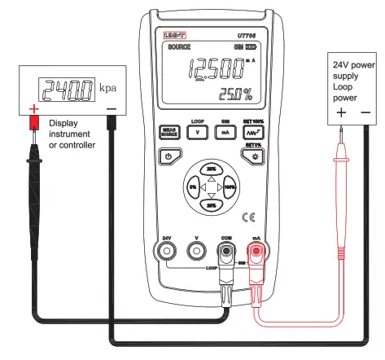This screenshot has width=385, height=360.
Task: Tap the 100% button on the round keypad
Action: pyautogui.click(x=229, y=187)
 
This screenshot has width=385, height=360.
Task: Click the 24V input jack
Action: pyautogui.click(x=168, y=252)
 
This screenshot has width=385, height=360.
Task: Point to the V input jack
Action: pyautogui.click(x=196, y=252)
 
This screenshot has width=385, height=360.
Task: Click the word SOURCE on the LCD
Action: pyautogui.click(x=179, y=48)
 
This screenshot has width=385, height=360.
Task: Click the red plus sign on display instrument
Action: pyautogui.click(x=34, y=108)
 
